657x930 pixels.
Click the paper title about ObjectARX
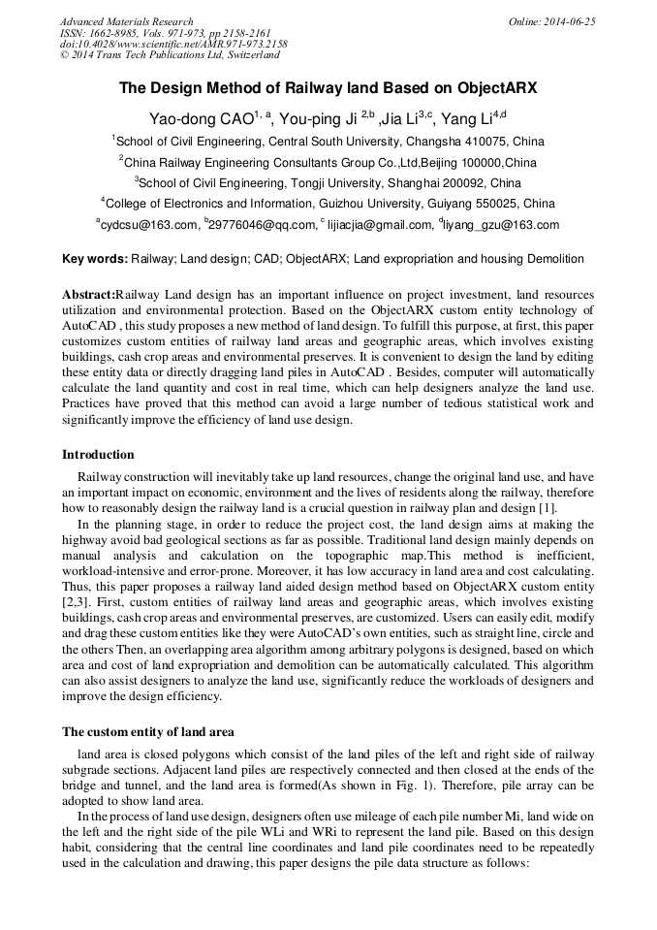328,87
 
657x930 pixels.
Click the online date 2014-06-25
552,21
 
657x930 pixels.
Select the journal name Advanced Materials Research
127,21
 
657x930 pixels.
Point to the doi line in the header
173,45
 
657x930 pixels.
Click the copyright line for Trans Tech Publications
170,56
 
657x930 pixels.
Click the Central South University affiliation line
328,141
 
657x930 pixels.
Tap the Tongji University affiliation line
328,182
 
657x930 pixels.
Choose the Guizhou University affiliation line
328,204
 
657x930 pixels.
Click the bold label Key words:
94,259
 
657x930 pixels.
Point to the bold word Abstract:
88,294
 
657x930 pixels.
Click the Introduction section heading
98,455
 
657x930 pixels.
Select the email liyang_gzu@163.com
501,225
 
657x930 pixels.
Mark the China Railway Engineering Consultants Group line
328,162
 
